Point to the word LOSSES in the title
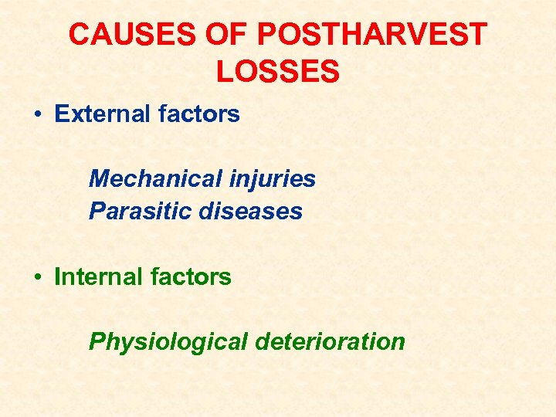[278, 72]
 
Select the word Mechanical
[155, 179]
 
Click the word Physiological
[167, 341]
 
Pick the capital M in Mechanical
[99, 179]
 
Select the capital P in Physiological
[97, 341]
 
